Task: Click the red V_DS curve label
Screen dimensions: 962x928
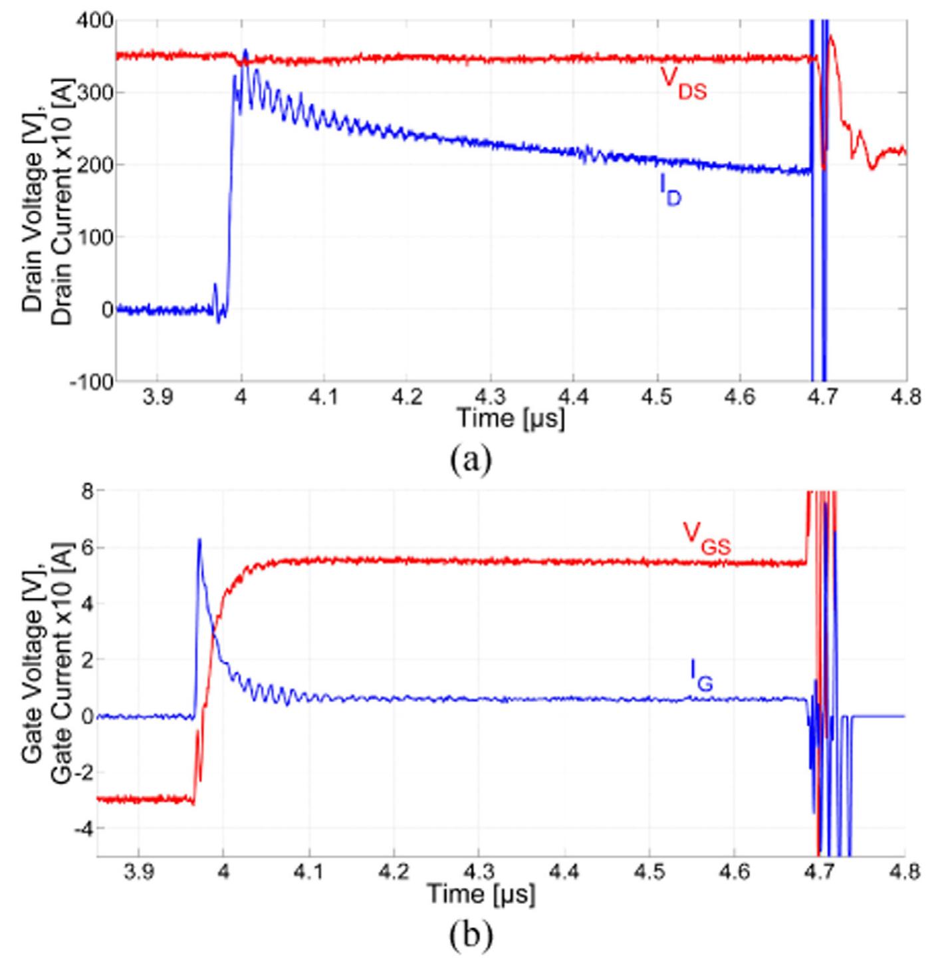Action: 683,82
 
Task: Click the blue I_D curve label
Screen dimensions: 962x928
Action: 670,192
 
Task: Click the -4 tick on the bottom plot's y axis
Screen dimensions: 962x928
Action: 84,828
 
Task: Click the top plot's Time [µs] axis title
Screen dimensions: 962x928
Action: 510,419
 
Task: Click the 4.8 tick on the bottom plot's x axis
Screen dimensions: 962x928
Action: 905,872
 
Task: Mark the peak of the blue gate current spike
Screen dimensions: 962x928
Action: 199,540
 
